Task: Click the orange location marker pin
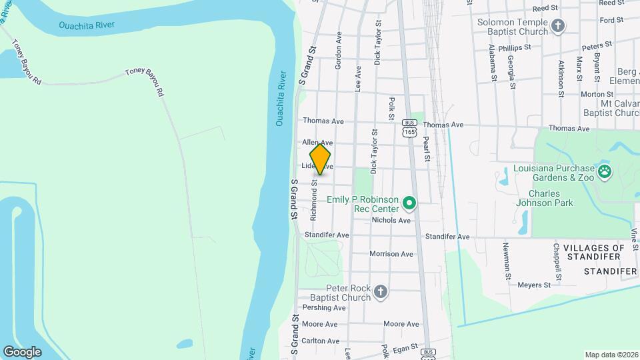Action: point(320,159)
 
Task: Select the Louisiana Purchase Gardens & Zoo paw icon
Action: point(604,172)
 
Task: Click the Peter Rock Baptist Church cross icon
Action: point(380,291)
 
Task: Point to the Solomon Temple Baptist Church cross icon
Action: point(558,26)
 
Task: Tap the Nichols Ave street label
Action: point(391,220)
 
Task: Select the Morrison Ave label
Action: point(391,254)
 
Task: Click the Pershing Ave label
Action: point(324,308)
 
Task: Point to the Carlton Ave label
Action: point(321,341)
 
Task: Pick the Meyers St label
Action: point(535,285)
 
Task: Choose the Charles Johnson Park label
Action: point(541,199)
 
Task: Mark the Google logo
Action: point(22,351)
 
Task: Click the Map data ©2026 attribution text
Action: point(611,355)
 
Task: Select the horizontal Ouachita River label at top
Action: point(87,25)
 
